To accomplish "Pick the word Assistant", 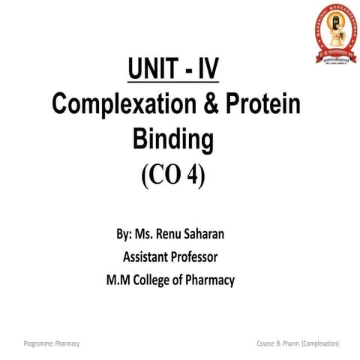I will (148, 257).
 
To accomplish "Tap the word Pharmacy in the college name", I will (212, 281).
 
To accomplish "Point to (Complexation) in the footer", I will (322, 343).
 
